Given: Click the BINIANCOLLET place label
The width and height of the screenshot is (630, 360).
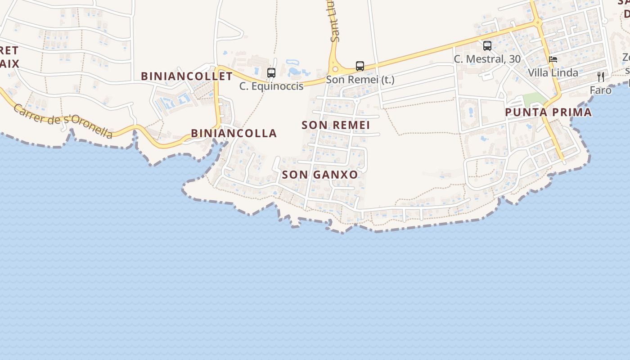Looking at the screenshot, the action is [187, 76].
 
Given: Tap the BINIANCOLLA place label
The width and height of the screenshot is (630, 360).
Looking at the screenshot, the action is [234, 133].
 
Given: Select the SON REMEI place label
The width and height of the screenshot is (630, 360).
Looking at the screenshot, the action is [336, 125].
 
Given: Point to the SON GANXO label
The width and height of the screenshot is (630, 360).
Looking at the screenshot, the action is [319, 175].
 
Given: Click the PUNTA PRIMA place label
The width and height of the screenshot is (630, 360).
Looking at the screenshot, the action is [548, 112].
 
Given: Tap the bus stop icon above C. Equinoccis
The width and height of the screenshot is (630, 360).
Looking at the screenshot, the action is [271, 72].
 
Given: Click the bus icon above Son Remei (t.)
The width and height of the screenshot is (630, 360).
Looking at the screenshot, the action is [360, 66].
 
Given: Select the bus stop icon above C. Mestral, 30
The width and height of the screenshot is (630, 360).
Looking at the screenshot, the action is [487, 45].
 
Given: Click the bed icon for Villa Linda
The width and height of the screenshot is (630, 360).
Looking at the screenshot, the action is [553, 59].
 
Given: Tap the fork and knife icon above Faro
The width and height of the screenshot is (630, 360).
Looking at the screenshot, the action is [601, 77].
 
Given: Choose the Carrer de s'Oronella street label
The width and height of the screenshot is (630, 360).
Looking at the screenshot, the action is [63, 121].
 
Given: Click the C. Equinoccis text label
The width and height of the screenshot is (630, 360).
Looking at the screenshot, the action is [271, 86].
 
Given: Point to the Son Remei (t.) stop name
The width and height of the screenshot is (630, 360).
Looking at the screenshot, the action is [360, 80].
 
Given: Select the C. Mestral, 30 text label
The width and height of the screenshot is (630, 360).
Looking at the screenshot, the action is [487, 59].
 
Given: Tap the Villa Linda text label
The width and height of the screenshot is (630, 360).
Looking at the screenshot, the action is [553, 72].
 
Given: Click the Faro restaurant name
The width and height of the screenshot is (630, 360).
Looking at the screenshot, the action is [601, 90].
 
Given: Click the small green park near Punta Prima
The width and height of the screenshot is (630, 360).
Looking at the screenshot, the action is [534, 99].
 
